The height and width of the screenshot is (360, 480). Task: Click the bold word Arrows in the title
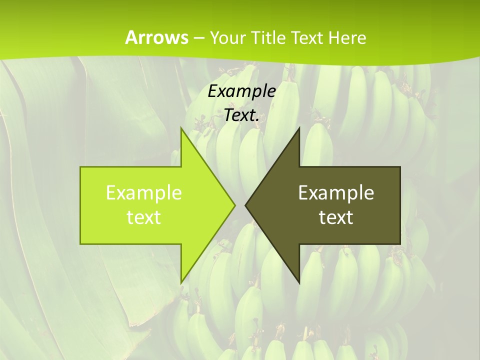point(156,37)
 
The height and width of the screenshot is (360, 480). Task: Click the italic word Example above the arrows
point(242,91)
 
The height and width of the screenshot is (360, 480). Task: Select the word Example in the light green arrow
point(143,192)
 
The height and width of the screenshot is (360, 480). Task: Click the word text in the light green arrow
point(143,217)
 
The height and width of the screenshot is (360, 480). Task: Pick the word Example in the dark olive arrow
point(336,192)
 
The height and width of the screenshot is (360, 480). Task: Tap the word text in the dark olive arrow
point(336,217)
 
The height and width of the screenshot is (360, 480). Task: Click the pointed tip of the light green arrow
point(235,205)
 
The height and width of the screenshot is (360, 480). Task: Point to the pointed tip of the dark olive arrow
point(245,205)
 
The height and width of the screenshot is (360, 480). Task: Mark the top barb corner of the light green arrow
point(181,128)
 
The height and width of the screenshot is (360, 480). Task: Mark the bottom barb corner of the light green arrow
point(181,282)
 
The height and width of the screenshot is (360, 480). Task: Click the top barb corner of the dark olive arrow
point(299,128)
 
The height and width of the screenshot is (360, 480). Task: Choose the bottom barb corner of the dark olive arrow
point(299,282)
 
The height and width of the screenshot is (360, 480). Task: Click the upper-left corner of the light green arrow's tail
point(80,167)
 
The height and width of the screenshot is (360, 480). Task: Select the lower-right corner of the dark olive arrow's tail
point(400,244)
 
